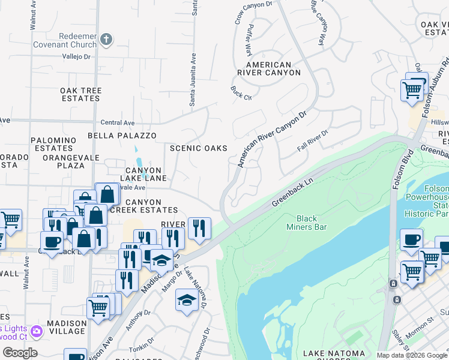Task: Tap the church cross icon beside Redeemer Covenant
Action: click(x=106, y=40)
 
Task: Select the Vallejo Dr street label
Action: click(x=76, y=57)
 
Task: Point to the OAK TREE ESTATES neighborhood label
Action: click(x=80, y=94)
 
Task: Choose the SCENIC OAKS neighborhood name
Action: click(x=199, y=148)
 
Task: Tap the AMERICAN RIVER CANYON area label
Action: click(x=268, y=68)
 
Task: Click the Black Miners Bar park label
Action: click(x=312, y=223)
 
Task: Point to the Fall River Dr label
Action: click(x=313, y=141)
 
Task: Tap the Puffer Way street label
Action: click(x=247, y=41)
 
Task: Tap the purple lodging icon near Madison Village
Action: click(x=37, y=331)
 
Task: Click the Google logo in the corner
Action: click(x=20, y=353)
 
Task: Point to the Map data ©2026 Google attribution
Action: click(x=412, y=355)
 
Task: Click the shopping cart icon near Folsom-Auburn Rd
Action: click(x=412, y=91)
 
